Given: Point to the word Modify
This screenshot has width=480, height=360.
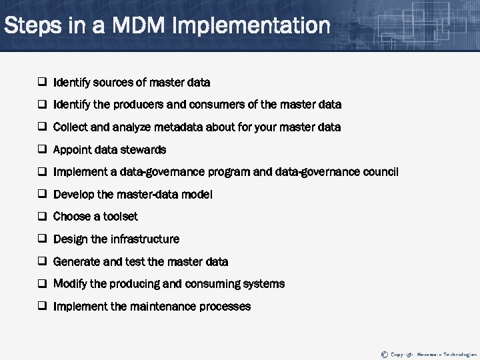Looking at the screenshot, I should point(69,284).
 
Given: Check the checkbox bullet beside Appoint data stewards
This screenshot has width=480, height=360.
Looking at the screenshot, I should point(41,150).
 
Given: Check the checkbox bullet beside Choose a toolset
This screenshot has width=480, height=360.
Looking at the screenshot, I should point(41,217).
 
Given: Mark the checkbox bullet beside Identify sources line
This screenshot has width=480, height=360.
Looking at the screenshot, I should point(41,83).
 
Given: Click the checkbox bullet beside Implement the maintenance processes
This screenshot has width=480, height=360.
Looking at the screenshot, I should point(41,307).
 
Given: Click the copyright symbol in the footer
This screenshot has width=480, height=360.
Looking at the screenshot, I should point(384,354).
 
